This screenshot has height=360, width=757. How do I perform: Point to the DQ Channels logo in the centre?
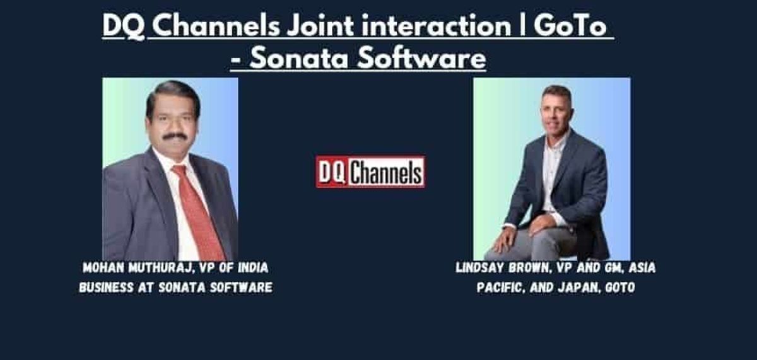(370, 172)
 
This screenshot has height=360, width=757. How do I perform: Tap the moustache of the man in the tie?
(174, 136)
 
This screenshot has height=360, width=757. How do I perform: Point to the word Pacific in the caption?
(496, 287)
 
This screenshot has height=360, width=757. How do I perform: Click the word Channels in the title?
(214, 27)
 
